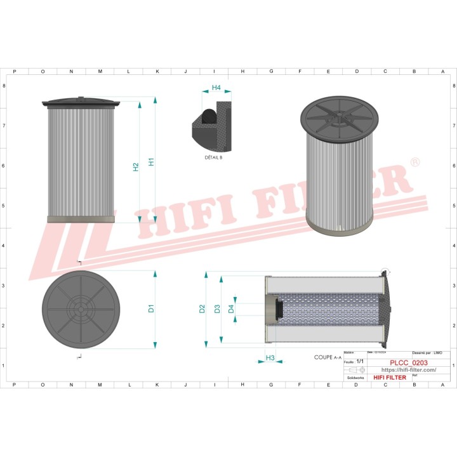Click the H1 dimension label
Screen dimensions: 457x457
click(151, 162)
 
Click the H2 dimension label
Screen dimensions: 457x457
click(136, 167)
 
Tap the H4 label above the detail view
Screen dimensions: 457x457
click(216, 88)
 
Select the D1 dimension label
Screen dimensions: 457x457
click(151, 309)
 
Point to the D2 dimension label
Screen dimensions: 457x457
click(202, 309)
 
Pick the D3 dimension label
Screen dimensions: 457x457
click(217, 309)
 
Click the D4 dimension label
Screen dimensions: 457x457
click(232, 309)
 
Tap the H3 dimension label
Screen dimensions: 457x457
click(270, 358)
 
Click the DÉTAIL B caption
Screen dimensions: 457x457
click(213, 157)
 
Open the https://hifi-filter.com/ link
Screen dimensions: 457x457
click(408, 370)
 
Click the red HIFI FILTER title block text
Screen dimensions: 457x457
click(389, 378)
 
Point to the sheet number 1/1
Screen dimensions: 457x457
click(360, 361)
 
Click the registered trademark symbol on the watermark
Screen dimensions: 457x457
click(414, 163)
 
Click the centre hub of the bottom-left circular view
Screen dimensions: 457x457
click(80, 309)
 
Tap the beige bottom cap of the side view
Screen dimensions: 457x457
click(81, 219)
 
